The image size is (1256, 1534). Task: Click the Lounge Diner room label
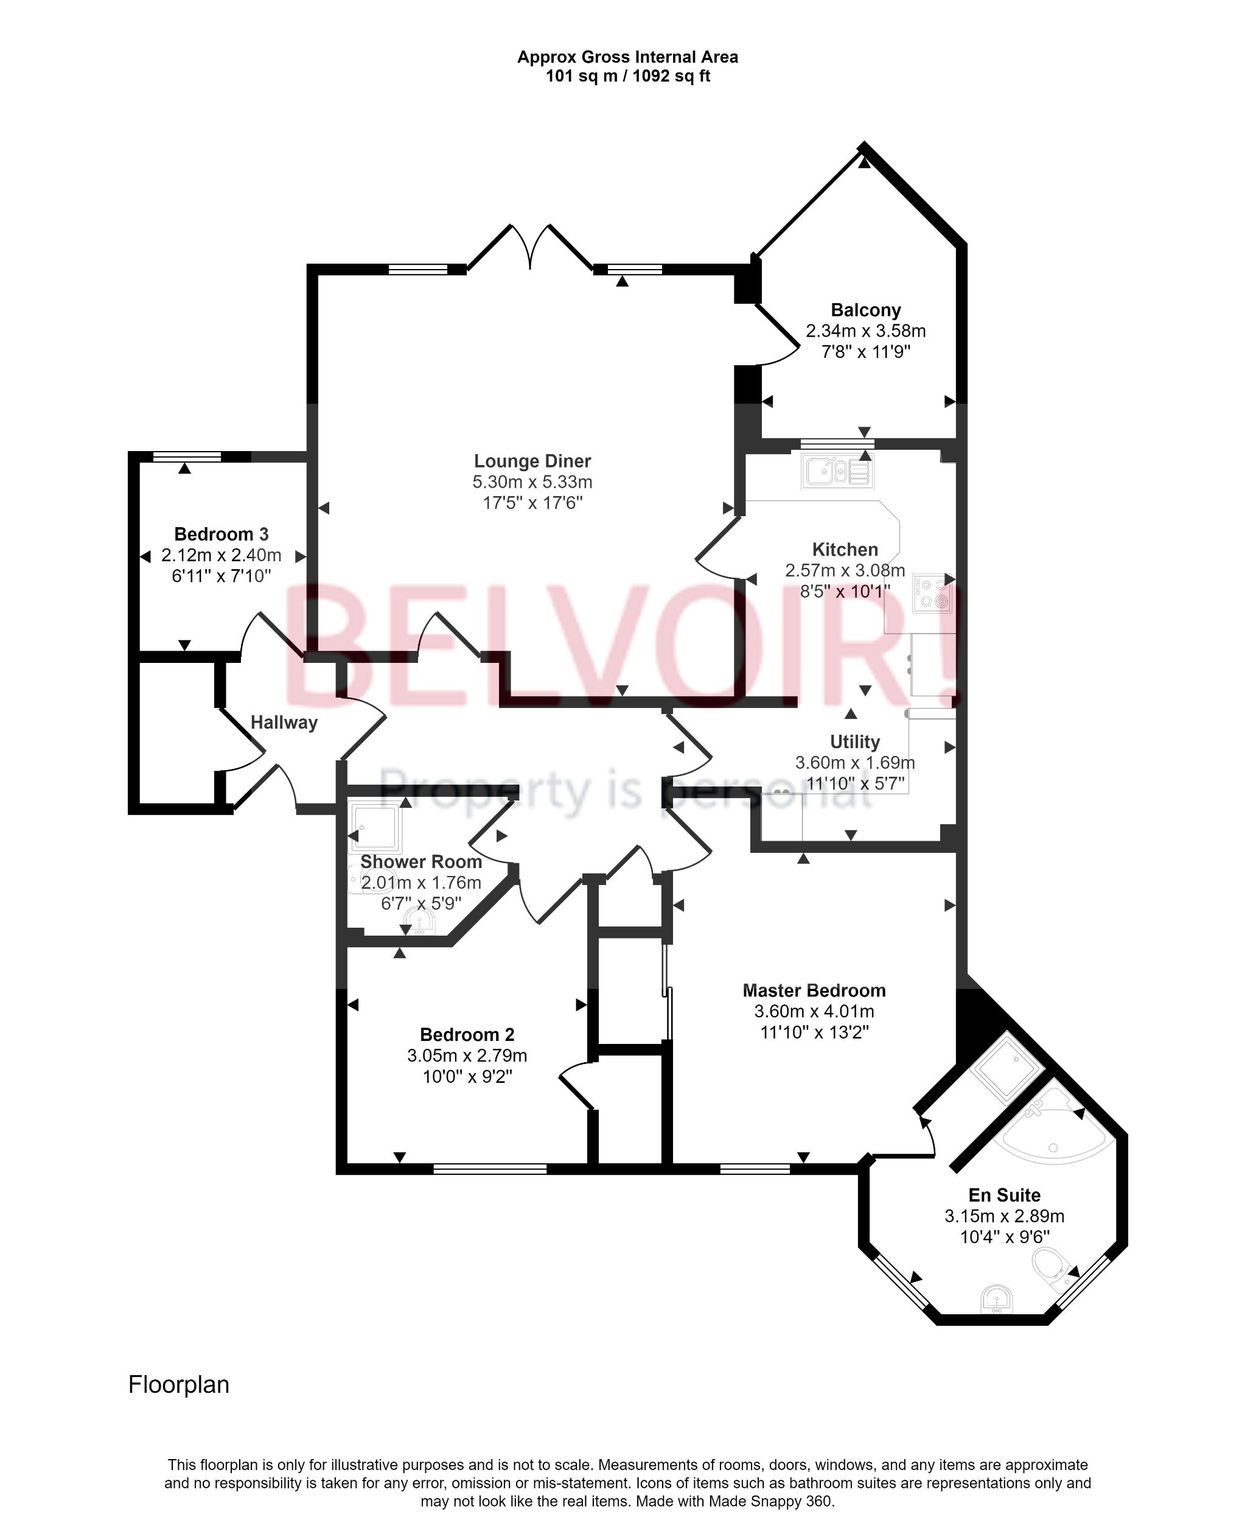click(532, 461)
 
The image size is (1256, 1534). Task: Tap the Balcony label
click(865, 310)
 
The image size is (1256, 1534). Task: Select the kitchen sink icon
click(837, 472)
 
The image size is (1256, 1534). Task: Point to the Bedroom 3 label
click(222, 534)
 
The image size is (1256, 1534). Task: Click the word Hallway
click(284, 722)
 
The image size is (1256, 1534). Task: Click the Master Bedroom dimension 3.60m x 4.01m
click(814, 1011)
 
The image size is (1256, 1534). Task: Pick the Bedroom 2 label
click(467, 1035)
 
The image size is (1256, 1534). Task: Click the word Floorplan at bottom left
click(179, 1384)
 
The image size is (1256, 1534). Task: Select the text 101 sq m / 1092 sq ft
click(627, 76)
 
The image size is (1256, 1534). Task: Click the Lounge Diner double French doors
click(530, 248)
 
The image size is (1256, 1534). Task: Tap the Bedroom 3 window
click(187, 456)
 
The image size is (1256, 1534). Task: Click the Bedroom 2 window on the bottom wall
click(490, 1168)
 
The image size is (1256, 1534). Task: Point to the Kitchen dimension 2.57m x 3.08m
click(845, 570)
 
